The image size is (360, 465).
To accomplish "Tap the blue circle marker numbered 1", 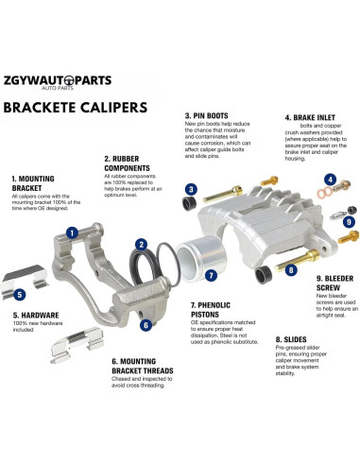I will pos(97,228).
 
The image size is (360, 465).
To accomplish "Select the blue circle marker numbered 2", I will pos(141,243).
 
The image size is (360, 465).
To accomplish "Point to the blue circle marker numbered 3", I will pos(190,189).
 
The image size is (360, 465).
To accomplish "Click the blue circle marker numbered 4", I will pos(330,179).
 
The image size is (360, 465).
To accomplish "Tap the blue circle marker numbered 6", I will pos(145,325).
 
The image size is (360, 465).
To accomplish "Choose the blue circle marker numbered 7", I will pos(211,277).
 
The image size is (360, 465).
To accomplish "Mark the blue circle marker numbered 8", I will pos(292,269).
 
